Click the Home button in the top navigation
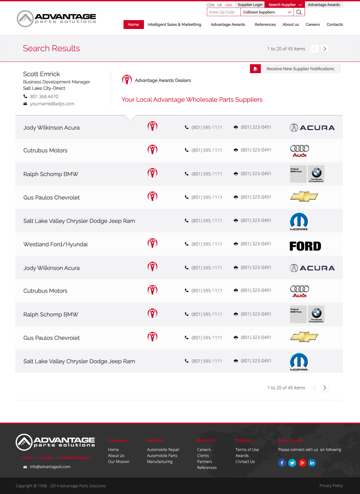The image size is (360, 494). pyautogui.click(x=133, y=25)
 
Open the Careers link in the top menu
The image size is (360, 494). pyautogui.click(x=313, y=25)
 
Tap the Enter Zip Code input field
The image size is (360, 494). pyautogui.click(x=223, y=12)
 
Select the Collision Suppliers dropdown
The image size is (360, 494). pyautogui.click(x=267, y=12)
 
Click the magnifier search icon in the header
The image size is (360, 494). pyautogui.click(x=299, y=12)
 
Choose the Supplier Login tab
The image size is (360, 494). pyautogui.click(x=250, y=5)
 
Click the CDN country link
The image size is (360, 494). pyautogui.click(x=210, y=5)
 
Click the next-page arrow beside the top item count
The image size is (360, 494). pyautogui.click(x=325, y=49)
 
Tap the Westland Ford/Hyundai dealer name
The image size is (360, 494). pyautogui.click(x=55, y=244)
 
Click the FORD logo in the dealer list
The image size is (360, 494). pyautogui.click(x=305, y=246)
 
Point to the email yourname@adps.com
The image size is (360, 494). pyautogui.click(x=52, y=104)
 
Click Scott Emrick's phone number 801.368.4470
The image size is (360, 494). pyautogui.click(x=44, y=96)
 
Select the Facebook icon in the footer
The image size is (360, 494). pyautogui.click(x=282, y=463)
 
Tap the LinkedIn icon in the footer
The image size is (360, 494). pyautogui.click(x=312, y=463)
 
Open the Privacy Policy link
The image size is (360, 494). pyautogui.click(x=331, y=486)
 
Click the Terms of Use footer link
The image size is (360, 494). pyautogui.click(x=247, y=450)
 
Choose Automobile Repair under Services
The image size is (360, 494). pyautogui.click(x=163, y=450)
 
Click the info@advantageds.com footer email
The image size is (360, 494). pyautogui.click(x=50, y=467)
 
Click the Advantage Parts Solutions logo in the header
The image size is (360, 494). pyautogui.click(x=56, y=19)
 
